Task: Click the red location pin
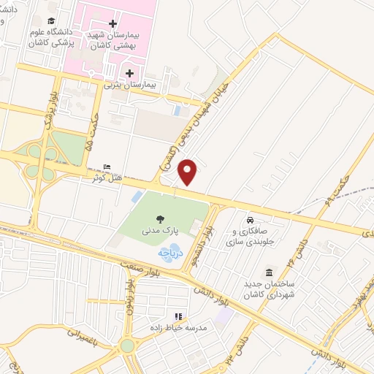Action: [x=188, y=171]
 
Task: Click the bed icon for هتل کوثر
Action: [x=108, y=167]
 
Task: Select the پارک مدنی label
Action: [x=159, y=231]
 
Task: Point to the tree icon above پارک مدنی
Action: [x=160, y=218]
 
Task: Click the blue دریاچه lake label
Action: [x=164, y=252]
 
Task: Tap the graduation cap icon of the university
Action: [x=50, y=21]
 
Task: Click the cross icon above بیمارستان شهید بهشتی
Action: [x=112, y=23]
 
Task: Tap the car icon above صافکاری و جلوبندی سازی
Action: [x=250, y=220]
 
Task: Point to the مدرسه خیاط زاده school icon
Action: [x=177, y=316]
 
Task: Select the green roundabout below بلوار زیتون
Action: [x=128, y=346]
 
